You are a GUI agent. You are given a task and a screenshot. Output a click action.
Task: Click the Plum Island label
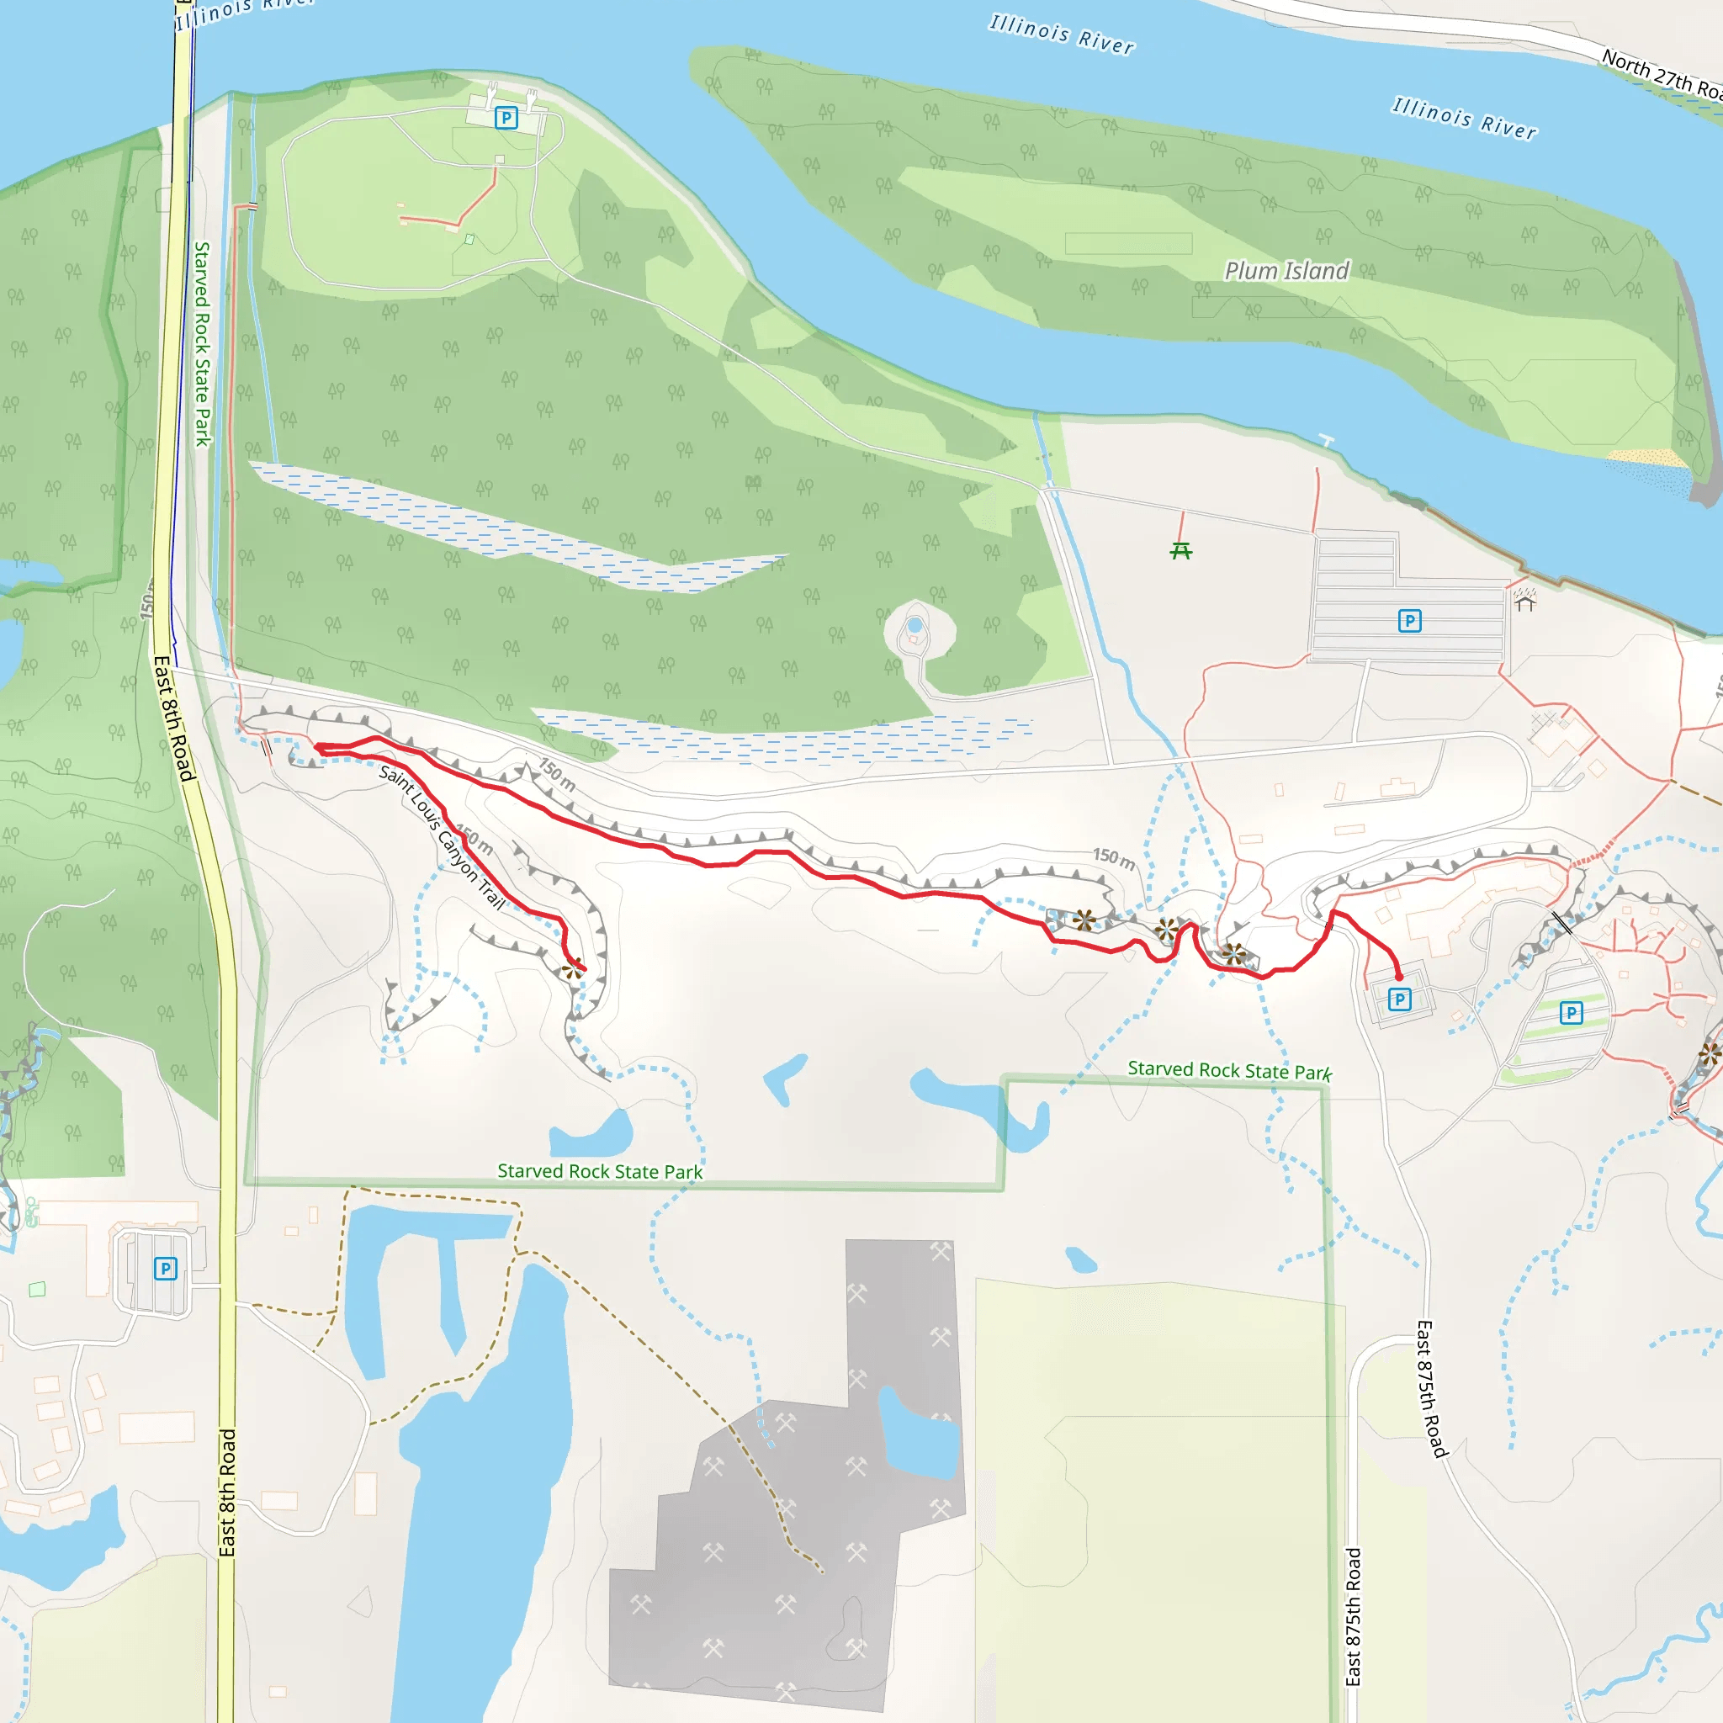coord(1286,270)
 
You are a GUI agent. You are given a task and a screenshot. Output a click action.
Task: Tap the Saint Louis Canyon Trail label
coord(442,835)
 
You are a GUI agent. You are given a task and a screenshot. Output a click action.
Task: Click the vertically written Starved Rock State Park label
coord(204,343)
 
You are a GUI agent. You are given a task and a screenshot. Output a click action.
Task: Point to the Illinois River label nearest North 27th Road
coord(1465,119)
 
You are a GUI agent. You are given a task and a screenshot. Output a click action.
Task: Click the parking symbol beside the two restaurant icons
coord(506,118)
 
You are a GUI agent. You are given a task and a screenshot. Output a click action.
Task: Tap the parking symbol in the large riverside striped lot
coord(1409,621)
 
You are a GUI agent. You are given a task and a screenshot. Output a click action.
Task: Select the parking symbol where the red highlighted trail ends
coord(1399,999)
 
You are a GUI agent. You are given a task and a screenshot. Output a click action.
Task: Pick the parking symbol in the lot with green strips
coord(1572,1012)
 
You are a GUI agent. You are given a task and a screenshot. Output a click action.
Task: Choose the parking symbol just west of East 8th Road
coord(165,1268)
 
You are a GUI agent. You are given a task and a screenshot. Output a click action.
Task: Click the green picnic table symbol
coord(1180,551)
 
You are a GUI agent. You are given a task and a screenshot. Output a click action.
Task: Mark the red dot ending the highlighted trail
coord(1398,977)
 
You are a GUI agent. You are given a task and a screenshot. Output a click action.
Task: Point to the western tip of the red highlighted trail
coord(317,748)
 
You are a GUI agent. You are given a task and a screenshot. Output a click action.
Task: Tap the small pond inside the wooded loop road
coord(915,625)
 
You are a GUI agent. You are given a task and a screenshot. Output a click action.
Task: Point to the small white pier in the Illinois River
coord(1327,441)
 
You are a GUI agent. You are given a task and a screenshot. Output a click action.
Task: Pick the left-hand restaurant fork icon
coord(491,92)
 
